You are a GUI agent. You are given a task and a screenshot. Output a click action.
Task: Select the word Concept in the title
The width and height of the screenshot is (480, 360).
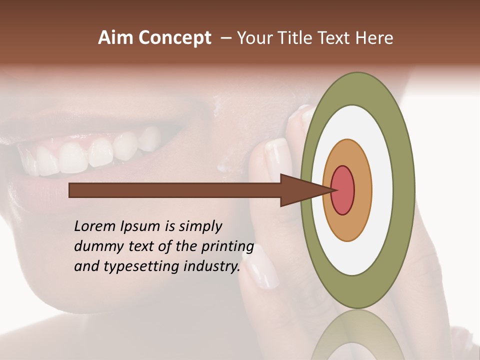174,38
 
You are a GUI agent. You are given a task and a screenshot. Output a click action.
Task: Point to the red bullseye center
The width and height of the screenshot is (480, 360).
343,190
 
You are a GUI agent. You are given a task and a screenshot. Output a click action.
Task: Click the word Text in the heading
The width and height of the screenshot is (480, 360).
337,38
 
